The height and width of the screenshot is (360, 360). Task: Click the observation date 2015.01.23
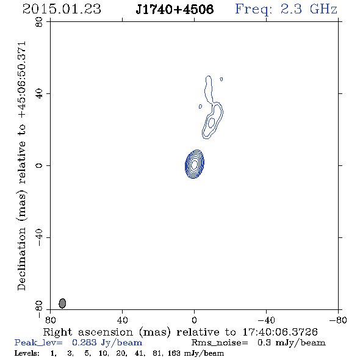[x=62, y=9]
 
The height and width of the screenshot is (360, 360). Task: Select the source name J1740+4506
[x=175, y=9]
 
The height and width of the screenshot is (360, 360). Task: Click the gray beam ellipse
[x=62, y=303]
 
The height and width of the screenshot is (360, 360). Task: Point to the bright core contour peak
[x=194, y=164]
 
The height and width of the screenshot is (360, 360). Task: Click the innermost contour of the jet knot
[x=212, y=123]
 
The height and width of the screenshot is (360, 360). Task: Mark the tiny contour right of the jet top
[x=221, y=79]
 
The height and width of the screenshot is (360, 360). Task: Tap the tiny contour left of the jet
[x=200, y=107]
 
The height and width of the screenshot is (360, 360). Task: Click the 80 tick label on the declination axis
[x=39, y=23]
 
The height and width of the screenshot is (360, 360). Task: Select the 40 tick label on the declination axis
[x=39, y=94]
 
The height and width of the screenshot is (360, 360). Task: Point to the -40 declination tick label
[x=39, y=237]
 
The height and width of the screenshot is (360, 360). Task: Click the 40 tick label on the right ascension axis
[x=122, y=320]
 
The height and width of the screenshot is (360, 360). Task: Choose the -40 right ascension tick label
[x=266, y=320]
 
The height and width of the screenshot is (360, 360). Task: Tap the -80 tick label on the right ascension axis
[x=338, y=320]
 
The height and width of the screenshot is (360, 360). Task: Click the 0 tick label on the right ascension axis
[x=194, y=320]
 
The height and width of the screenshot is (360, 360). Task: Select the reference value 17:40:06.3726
[x=280, y=332]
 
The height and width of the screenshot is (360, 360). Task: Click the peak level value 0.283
[x=84, y=342]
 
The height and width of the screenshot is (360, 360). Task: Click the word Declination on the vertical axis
[x=21, y=259]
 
